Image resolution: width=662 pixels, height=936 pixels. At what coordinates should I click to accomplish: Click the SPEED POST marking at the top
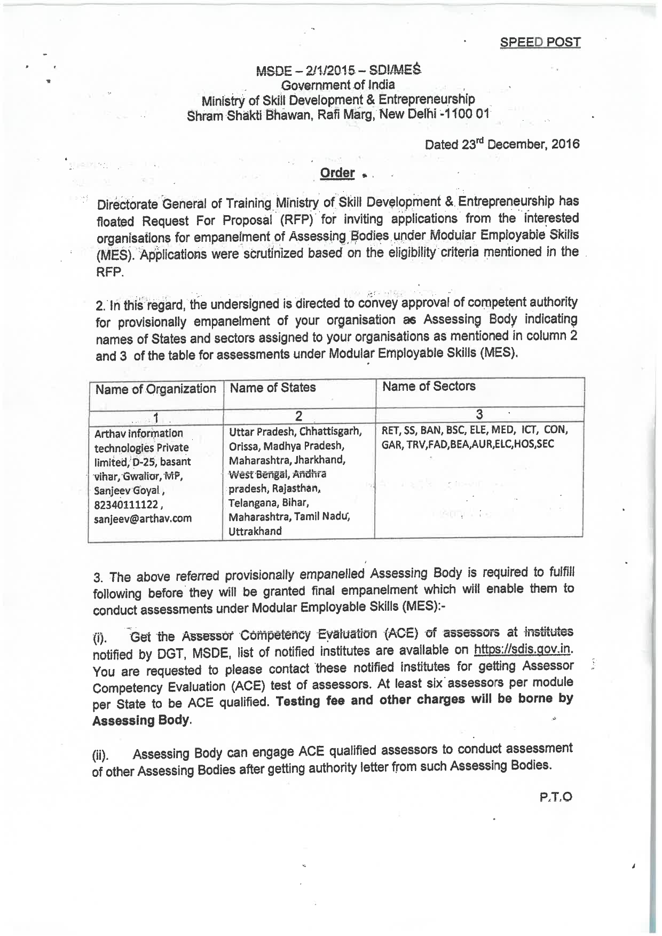pos(540,43)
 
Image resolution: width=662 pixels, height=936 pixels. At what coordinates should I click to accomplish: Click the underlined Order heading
pos(337,173)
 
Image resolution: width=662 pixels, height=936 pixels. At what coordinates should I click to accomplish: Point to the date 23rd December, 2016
pos(502,144)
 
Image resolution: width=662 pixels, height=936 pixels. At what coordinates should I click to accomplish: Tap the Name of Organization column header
pos(155,389)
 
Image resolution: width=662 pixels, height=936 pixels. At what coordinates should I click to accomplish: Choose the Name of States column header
pos(272,388)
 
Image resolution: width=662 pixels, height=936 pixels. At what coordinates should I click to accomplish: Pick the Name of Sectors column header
pos(429,386)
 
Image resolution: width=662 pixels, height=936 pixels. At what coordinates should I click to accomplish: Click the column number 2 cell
pos(299,415)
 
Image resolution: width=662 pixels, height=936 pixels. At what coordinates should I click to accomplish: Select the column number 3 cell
pos(479,414)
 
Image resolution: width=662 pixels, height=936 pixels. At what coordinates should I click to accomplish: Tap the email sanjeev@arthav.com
pos(143,518)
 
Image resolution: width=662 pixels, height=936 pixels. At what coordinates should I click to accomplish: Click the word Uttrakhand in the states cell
pos(255,531)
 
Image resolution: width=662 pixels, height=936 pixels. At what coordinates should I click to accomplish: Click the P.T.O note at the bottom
pos(556,797)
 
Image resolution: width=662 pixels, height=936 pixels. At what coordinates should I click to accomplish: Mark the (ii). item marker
pos(100,756)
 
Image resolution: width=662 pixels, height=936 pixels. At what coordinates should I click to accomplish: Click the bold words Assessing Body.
pos(141,720)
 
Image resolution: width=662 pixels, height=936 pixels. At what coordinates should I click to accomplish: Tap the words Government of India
pos(338,85)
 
